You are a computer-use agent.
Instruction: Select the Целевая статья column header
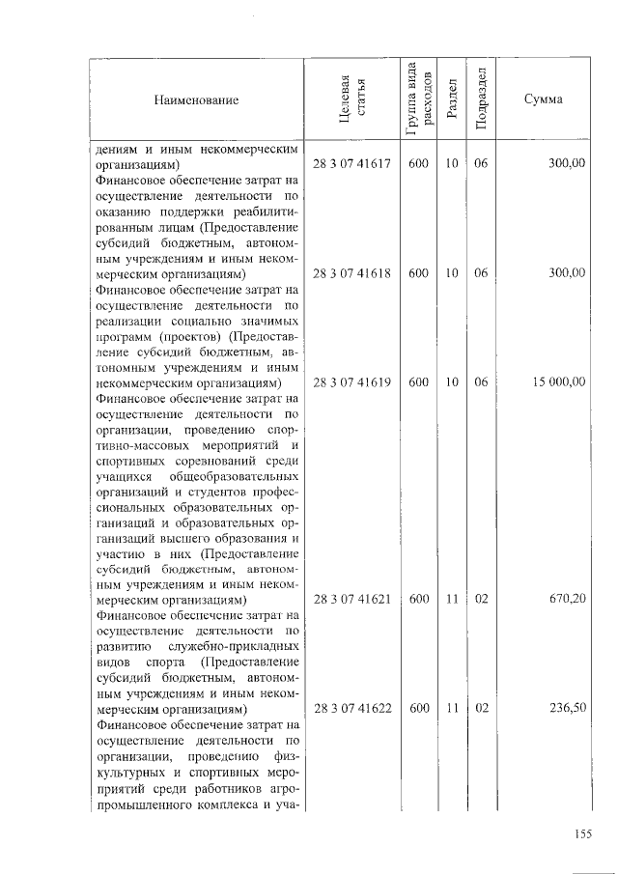click(352, 99)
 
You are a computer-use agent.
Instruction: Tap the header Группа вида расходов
click(419, 99)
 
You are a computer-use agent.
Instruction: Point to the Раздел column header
click(450, 100)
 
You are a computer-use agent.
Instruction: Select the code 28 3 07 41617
click(351, 164)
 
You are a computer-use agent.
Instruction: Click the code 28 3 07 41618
click(351, 273)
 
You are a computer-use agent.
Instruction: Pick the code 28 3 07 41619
click(351, 382)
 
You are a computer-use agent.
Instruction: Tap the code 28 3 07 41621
click(351, 599)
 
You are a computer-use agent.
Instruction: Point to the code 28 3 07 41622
click(351, 708)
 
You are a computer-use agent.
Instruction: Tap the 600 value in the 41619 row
click(419, 382)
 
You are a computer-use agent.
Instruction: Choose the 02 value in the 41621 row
click(481, 599)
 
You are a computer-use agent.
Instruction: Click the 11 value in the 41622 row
click(450, 708)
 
